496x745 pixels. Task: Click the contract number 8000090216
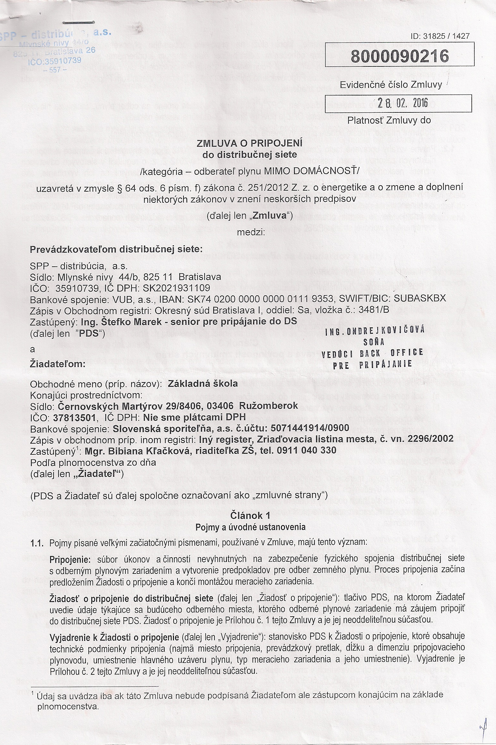coord(400,56)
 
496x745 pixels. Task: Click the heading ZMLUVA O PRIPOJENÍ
coord(250,143)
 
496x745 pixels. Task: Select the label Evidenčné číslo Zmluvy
coord(391,85)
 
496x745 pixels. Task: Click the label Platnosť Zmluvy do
coord(389,120)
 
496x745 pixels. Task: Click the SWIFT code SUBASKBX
coord(420,299)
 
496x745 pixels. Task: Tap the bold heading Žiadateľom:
coord(57,363)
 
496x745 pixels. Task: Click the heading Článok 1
coord(250,516)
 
